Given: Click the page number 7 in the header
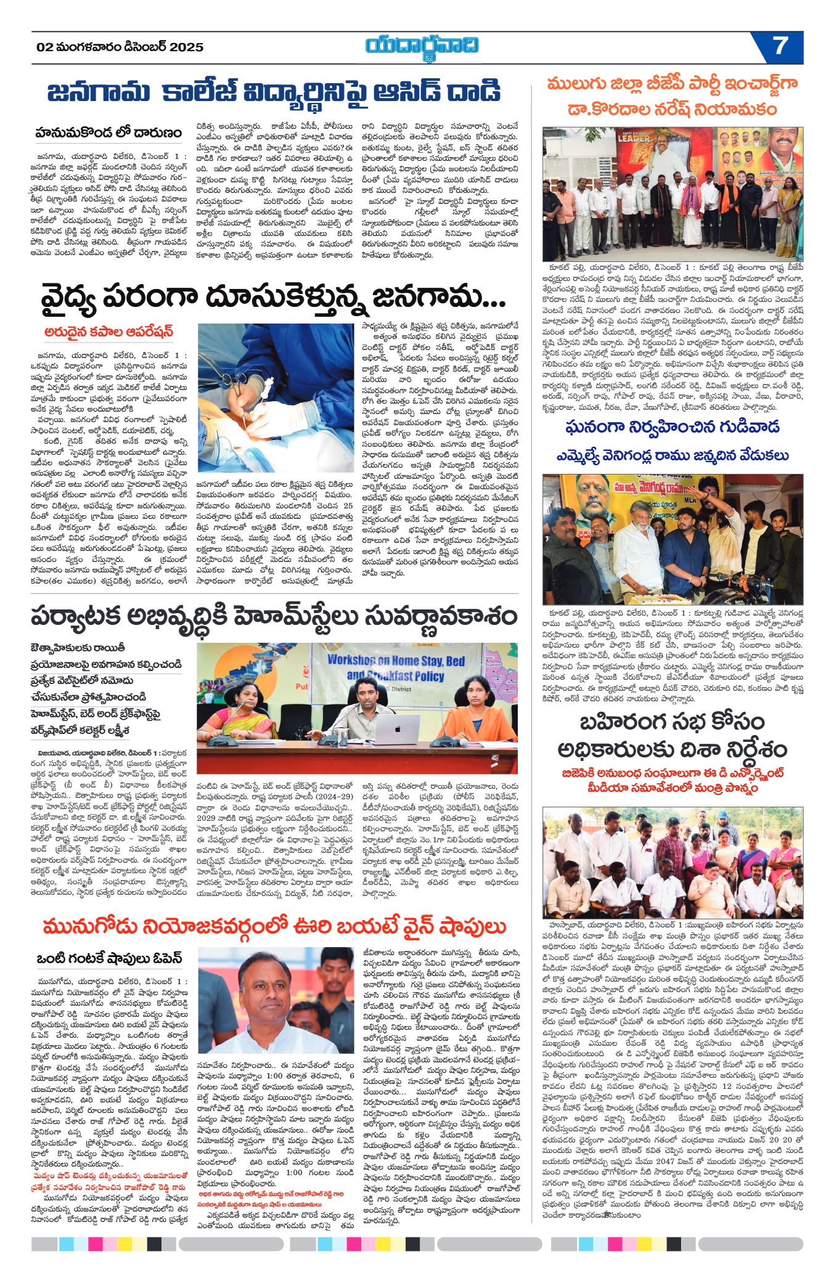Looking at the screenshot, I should pyautogui.click(x=780, y=46).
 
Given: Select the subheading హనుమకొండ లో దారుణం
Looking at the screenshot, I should pyautogui.click(x=108, y=132).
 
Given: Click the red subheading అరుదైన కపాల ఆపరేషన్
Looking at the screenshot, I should pyautogui.click(x=108, y=332).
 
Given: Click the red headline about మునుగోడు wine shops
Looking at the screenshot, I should pyautogui.click(x=274, y=926).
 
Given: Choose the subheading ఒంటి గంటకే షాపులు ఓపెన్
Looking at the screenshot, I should pyautogui.click(x=108, y=959).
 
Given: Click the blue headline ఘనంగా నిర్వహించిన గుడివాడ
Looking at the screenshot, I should pyautogui.click(x=672, y=427).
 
